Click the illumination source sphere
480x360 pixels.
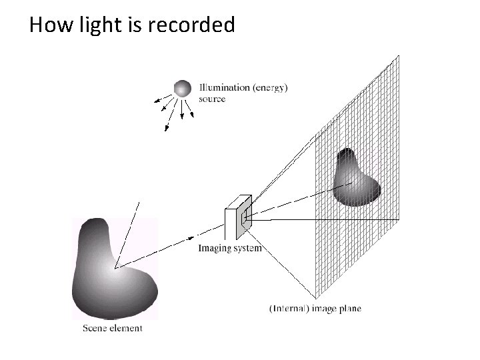182,88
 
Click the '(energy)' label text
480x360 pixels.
271,88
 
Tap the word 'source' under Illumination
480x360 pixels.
212,99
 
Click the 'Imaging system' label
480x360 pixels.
230,249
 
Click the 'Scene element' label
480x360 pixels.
112,327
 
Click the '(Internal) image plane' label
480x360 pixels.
315,309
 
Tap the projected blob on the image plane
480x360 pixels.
355,178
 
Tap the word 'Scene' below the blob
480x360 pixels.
95,327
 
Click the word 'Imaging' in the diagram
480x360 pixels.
215,249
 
